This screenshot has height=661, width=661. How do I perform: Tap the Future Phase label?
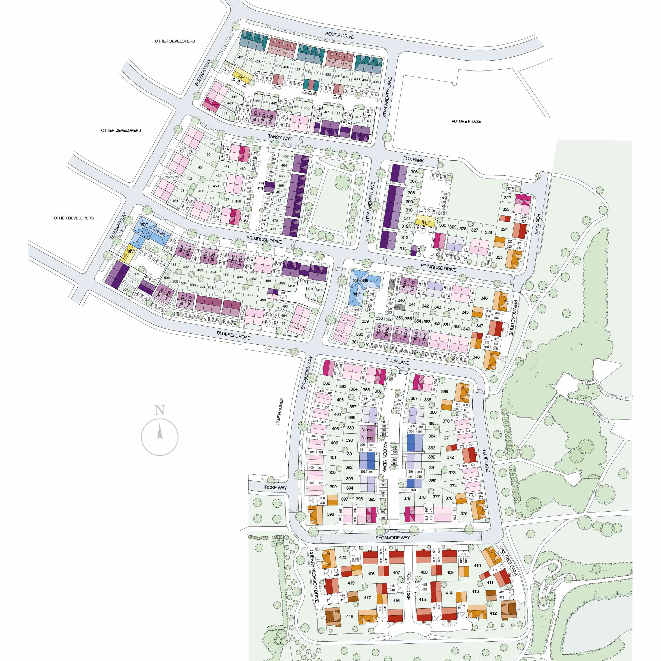[x=466, y=121]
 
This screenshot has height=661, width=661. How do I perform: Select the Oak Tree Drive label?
[x=509, y=561]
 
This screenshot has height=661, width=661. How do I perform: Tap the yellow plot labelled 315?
[x=425, y=223]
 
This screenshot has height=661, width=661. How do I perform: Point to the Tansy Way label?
[x=280, y=137]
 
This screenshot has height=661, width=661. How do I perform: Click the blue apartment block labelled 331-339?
[x=361, y=280]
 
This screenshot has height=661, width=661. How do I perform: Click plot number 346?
[x=484, y=298]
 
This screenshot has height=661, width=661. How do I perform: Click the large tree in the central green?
[x=342, y=182]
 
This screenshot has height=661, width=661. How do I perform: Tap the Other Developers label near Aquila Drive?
[x=175, y=41]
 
